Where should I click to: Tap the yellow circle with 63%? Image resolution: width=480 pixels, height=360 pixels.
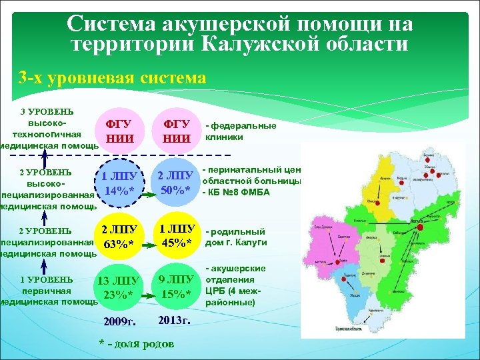(121, 239)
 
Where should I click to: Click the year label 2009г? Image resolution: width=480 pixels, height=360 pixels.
(120, 322)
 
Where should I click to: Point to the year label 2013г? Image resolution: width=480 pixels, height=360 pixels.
(175, 321)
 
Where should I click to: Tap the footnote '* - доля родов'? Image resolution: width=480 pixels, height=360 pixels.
(137, 344)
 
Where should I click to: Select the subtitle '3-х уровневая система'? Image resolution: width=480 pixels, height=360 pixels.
(112, 78)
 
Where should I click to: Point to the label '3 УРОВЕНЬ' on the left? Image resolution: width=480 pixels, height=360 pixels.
(47, 111)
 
